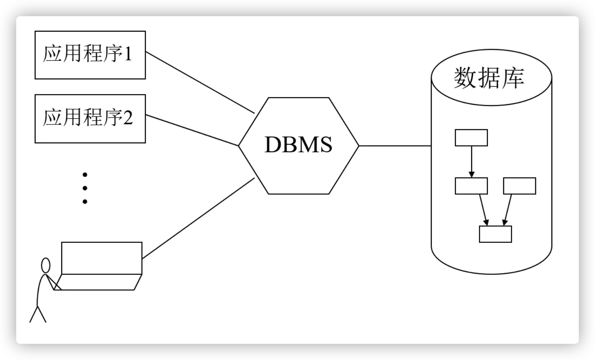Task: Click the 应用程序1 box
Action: click(90, 55)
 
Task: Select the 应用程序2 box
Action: click(90, 119)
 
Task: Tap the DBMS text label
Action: click(298, 145)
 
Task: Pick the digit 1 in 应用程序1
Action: click(128, 54)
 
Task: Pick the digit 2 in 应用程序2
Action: click(128, 118)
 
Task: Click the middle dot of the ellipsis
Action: click(85, 188)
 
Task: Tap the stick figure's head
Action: click(46, 266)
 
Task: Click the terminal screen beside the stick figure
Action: click(102, 258)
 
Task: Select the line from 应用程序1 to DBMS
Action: click(200, 83)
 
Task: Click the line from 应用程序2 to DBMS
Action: click(193, 130)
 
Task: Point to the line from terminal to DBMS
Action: click(198, 219)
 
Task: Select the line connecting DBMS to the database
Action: click(395, 146)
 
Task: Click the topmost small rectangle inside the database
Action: click(471, 138)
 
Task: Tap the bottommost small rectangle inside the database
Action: click(495, 234)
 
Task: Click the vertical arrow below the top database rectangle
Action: click(471, 162)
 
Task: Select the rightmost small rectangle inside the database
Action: click(519, 186)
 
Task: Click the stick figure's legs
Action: click(38, 314)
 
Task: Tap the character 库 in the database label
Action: click(513, 78)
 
